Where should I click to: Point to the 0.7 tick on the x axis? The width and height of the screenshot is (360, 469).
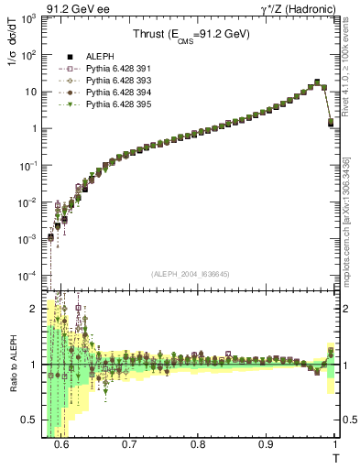(129, 444)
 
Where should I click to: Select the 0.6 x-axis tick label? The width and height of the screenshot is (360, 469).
(61, 444)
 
